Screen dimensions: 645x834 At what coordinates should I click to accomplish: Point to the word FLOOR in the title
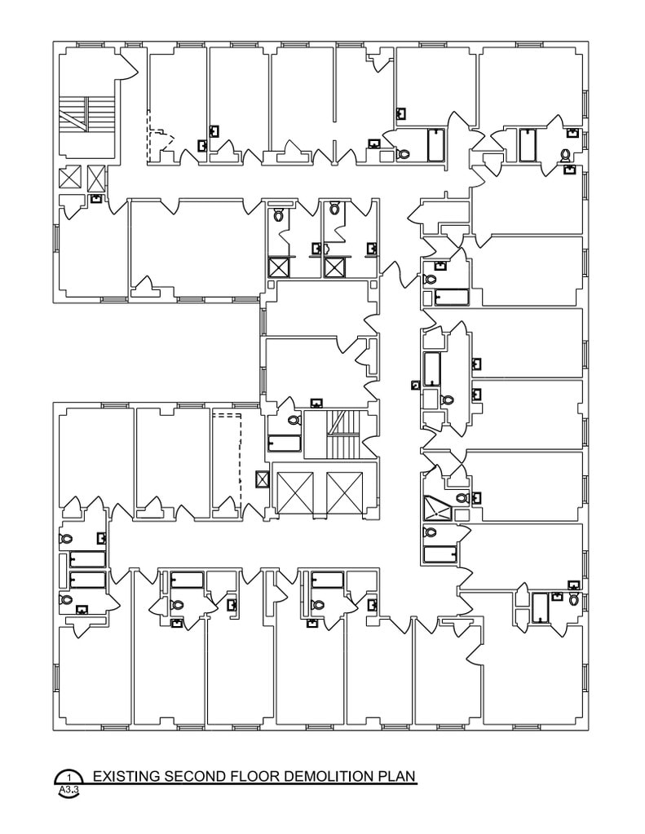click(x=248, y=776)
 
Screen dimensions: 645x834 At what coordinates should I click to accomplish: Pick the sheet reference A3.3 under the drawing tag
click(x=68, y=790)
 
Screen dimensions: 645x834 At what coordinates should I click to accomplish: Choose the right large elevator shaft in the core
click(x=344, y=492)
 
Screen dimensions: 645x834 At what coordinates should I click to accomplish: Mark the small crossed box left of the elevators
click(x=262, y=479)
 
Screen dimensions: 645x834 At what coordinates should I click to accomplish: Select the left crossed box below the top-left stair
click(x=69, y=178)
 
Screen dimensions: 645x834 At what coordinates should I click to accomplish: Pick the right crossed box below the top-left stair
click(x=96, y=178)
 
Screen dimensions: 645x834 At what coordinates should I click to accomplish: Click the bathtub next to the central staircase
click(x=285, y=443)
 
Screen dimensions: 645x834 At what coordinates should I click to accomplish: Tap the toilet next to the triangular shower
click(x=462, y=497)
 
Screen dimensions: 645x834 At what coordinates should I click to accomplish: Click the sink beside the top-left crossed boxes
click(x=95, y=198)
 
